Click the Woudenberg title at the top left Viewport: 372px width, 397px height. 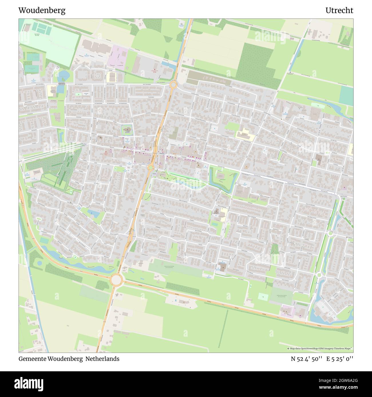(x=42, y=11)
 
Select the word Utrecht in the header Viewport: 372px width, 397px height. (x=339, y=11)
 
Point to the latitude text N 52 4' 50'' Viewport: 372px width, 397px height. (x=307, y=359)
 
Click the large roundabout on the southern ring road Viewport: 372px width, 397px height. (x=116, y=280)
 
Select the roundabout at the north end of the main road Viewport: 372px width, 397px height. (x=173, y=85)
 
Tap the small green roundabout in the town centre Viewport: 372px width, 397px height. (x=150, y=167)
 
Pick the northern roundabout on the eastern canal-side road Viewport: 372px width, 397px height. (x=331, y=233)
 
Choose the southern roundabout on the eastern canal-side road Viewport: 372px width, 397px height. (x=319, y=275)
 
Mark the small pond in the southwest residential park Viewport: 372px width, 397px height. (x=94, y=213)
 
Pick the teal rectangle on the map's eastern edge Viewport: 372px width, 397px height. (x=346, y=95)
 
